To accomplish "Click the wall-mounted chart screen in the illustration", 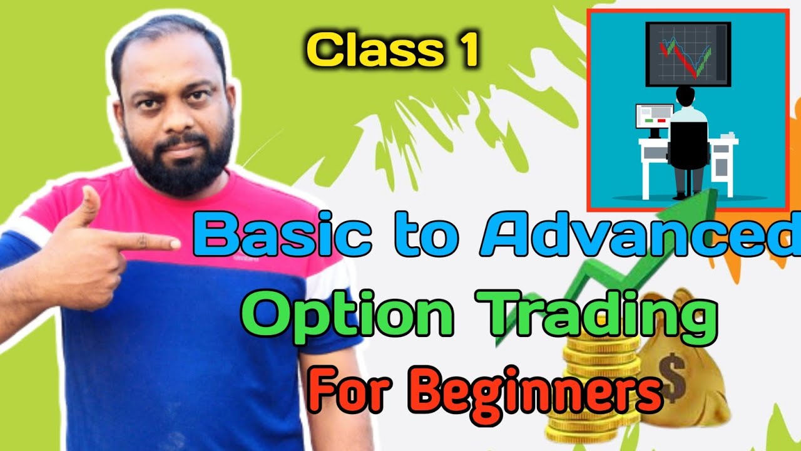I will click(x=688, y=53).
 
